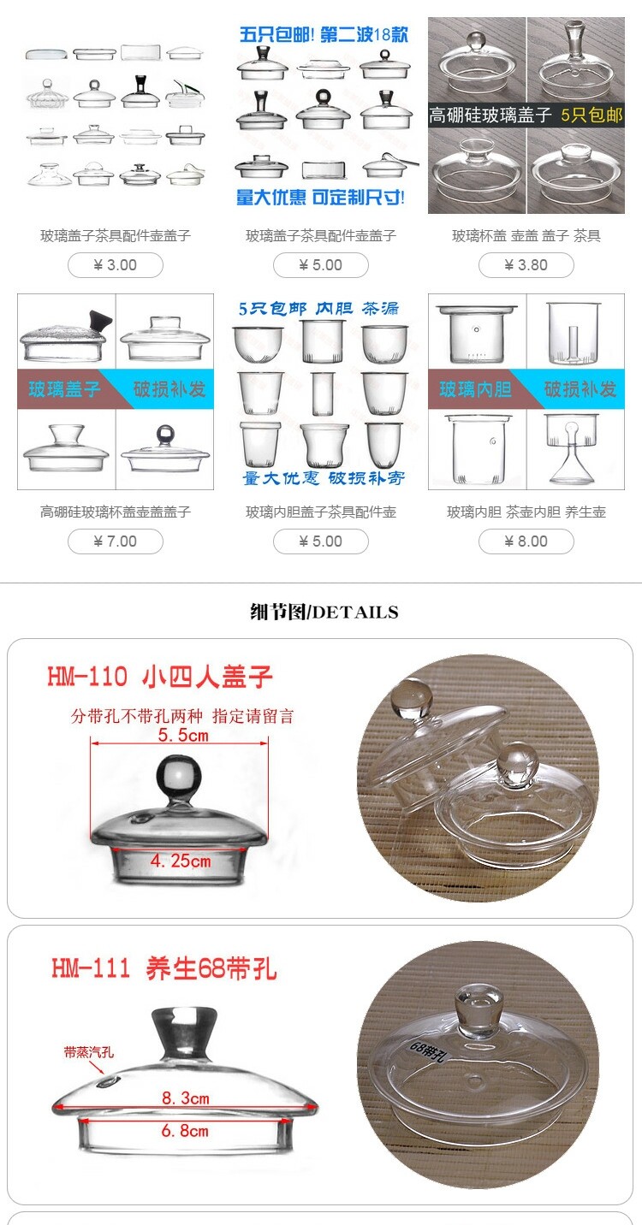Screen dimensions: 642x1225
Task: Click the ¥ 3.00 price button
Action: pyautogui.click(x=115, y=265)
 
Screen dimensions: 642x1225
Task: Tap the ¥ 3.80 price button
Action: pyautogui.click(x=526, y=265)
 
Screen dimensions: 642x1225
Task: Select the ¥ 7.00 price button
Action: pyautogui.click(x=115, y=541)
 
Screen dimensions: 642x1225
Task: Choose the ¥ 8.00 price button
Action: pyautogui.click(x=526, y=541)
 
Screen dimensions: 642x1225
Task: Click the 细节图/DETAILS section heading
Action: pyautogui.click(x=324, y=612)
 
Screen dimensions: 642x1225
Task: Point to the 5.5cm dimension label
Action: pyautogui.click(x=183, y=735)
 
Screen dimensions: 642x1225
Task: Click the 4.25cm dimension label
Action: pyautogui.click(x=181, y=861)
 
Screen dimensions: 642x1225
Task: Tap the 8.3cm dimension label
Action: pyautogui.click(x=186, y=1098)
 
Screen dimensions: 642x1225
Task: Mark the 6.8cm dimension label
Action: pyautogui.click(x=184, y=1130)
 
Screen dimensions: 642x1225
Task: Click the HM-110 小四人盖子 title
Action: pyautogui.click(x=160, y=677)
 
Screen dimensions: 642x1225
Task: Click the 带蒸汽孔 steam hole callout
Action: pyautogui.click(x=89, y=1051)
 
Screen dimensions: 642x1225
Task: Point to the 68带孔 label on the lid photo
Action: pyautogui.click(x=429, y=1050)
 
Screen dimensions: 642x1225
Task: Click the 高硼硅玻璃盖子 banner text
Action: pyautogui.click(x=490, y=115)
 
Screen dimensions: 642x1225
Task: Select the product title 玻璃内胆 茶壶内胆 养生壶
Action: pyautogui.click(x=526, y=512)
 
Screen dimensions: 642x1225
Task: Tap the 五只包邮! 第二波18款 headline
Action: pyautogui.click(x=324, y=35)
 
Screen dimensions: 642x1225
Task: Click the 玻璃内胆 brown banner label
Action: pyautogui.click(x=475, y=389)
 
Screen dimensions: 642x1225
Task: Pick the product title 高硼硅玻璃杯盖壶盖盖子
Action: pyautogui.click(x=115, y=512)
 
